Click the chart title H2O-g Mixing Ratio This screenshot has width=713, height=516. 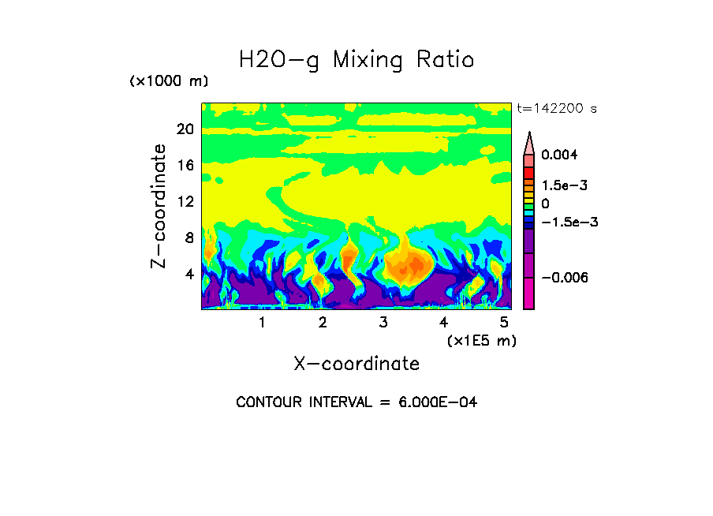356,60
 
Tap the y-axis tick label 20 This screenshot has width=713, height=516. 185,129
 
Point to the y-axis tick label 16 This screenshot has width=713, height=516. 185,165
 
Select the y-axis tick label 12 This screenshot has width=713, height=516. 185,201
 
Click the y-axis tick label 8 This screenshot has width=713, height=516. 189,237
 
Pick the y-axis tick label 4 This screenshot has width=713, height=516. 189,274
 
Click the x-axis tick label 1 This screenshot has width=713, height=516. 262,323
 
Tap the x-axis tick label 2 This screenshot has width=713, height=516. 323,323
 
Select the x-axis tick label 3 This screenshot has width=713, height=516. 383,323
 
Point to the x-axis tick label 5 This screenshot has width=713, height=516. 504,323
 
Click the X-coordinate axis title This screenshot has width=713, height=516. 356,364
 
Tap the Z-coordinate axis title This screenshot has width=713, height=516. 160,206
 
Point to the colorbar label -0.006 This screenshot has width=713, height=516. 566,278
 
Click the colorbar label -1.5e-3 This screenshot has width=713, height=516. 569,222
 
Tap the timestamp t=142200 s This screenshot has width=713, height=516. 557,109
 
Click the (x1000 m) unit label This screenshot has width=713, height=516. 169,81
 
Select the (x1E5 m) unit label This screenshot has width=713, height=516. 481,340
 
